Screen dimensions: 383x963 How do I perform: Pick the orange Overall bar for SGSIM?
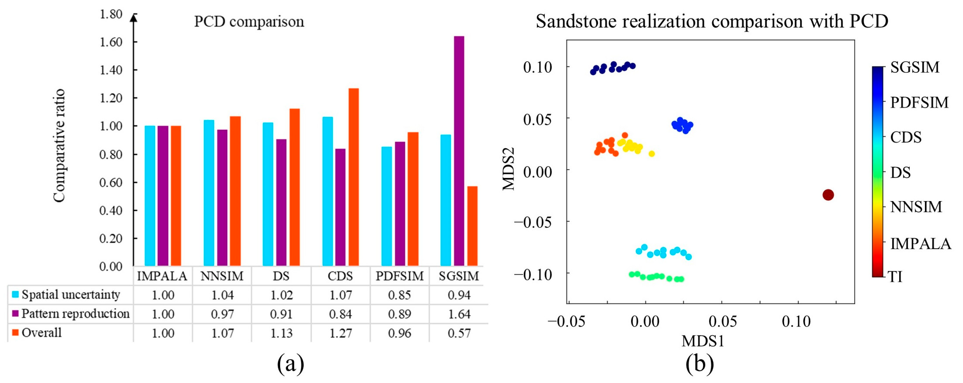coord(472,226)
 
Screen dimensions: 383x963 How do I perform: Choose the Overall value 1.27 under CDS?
coord(341,333)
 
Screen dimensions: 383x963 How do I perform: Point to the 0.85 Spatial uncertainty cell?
coord(399,295)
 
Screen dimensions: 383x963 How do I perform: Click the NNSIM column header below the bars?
coord(222,276)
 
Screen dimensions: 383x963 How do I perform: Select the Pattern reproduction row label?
coord(75,314)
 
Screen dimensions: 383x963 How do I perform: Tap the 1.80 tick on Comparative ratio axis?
coord(111,14)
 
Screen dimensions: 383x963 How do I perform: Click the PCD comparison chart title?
coord(249,22)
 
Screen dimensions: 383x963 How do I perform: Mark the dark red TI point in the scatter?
coord(828,195)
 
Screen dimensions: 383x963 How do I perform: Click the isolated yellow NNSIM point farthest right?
coord(652,154)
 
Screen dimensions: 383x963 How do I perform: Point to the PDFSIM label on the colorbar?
coord(919,102)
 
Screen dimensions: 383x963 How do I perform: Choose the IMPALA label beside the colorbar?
coord(920,244)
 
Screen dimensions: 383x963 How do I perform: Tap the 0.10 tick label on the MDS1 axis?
coord(796,321)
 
